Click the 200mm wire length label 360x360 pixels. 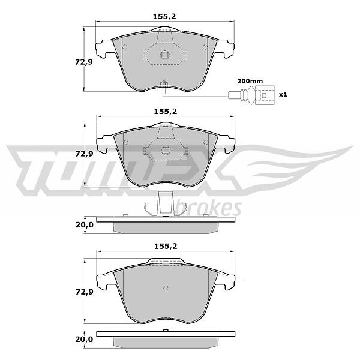(250, 81)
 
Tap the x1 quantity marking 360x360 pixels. (283, 94)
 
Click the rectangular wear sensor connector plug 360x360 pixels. (265, 95)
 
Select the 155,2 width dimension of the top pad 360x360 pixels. (164, 17)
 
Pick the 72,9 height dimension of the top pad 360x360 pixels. (84, 62)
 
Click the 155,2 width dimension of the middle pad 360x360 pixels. (166, 112)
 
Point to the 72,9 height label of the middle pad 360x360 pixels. (84, 154)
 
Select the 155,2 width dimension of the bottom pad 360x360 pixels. (166, 246)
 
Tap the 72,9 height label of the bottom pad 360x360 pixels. (84, 292)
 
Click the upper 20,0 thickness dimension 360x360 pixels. (85, 225)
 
